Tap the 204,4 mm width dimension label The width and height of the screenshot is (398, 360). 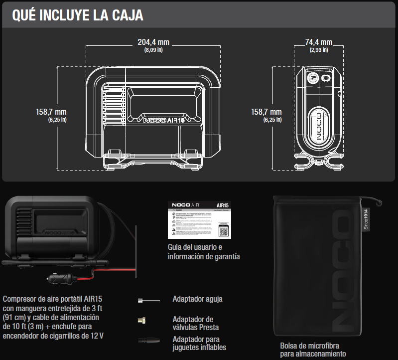(x=154, y=42)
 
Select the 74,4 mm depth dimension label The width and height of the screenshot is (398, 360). (x=318, y=42)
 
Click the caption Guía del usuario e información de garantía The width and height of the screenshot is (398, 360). (x=204, y=252)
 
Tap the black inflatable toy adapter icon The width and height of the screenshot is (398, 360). (x=148, y=341)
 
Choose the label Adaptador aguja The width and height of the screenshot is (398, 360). (x=197, y=299)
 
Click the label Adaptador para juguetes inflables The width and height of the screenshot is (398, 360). (x=199, y=343)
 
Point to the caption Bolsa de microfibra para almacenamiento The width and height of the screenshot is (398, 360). (x=312, y=350)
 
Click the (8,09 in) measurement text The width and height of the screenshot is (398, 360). (x=154, y=50)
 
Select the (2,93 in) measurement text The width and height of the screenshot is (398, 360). (x=318, y=50)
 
